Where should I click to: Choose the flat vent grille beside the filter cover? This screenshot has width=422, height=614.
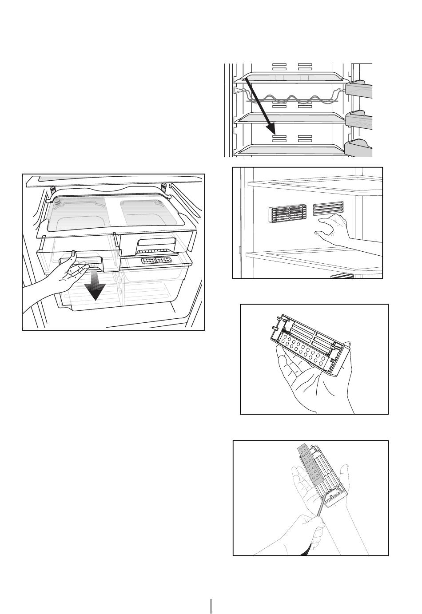coord(328,209)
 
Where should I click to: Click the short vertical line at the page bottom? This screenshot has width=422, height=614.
coord(211,606)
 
